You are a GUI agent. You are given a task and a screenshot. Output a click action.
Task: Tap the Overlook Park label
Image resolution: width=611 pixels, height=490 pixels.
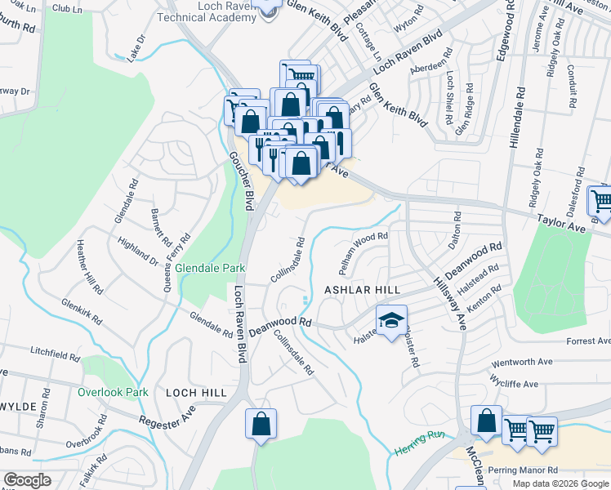click(113, 392)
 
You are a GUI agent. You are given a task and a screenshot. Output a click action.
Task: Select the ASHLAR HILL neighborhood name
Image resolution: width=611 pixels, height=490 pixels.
click(362, 290)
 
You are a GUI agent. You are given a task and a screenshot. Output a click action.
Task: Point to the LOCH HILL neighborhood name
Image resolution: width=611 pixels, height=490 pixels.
click(195, 393)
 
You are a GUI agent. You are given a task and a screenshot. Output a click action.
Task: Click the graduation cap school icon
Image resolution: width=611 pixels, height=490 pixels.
click(391, 320)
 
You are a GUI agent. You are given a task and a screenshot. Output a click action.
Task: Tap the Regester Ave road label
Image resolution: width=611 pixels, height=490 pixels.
click(167, 423)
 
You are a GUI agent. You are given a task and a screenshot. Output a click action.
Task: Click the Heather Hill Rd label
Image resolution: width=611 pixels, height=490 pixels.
click(90, 266)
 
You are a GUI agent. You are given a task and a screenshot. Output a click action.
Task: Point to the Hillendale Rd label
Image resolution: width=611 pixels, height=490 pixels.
click(514, 115)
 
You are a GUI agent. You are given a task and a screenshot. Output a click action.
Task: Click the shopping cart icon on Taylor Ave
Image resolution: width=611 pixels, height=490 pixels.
click(601, 199)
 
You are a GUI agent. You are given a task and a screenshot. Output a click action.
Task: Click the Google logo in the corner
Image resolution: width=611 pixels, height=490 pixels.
click(28, 480)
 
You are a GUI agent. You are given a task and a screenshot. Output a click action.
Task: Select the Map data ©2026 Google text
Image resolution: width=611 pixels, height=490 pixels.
click(560, 483)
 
